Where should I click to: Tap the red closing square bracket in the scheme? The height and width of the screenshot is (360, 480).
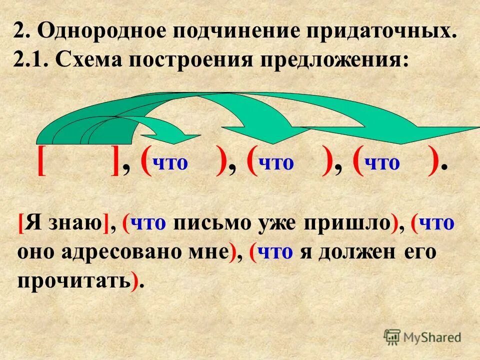pyautogui.click(x=115, y=161)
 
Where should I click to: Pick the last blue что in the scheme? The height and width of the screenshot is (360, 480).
pyautogui.click(x=383, y=163)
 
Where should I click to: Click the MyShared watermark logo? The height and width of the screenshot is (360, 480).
pyautogui.click(x=422, y=337)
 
